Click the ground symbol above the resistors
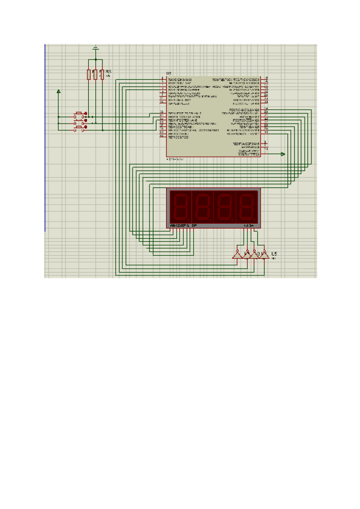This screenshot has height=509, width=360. coord(95,47)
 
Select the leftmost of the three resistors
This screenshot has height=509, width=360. coord(89,74)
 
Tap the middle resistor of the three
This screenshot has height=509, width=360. coord(95,74)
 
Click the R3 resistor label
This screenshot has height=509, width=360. coord(108,71)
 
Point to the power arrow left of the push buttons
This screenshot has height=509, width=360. coord(58,92)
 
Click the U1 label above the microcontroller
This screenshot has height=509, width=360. coord(161,73)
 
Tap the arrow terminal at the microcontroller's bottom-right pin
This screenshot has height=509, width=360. coord(283,154)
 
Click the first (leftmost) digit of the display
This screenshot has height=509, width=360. coord(181,206)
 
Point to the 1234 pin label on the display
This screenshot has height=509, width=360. coord(248,225)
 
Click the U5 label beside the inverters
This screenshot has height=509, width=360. coord(274,254)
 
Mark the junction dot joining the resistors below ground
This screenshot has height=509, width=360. coord(95,60)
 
